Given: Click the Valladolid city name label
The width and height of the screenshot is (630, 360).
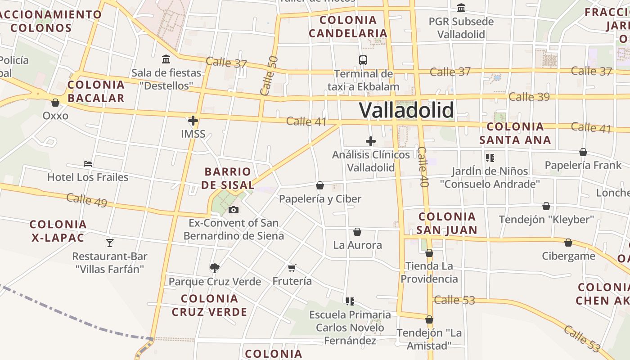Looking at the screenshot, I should pos(406,110).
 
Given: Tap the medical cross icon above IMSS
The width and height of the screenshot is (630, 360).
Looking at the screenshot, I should pos(193,121).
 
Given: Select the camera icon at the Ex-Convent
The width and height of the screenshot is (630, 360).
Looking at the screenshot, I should pos(233,210).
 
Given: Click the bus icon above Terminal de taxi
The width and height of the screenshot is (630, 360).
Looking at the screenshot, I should pos(363,60).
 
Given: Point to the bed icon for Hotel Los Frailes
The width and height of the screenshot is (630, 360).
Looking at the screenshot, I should pos(88,164).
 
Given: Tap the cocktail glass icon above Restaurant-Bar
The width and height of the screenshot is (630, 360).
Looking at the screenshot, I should pos(110,243).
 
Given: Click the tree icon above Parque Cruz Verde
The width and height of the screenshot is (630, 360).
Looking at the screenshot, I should pos(215,268).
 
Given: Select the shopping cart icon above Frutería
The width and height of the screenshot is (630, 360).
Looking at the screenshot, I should pos(292,268).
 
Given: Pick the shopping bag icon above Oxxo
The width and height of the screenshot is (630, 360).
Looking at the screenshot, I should pos(55,103).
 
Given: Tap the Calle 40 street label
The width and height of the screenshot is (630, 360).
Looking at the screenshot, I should pos(423,167).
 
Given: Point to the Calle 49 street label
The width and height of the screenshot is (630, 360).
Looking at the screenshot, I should pos(87,200).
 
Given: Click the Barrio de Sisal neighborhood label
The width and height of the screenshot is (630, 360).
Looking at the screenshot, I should pos(228,178).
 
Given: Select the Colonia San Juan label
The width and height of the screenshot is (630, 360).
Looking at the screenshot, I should pos(446,223).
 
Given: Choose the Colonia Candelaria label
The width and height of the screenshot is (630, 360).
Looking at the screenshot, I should pos(348,27).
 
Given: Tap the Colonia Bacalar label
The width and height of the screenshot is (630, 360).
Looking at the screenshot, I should pos(96,91).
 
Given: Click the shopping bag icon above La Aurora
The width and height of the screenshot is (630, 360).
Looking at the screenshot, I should pos(357,232).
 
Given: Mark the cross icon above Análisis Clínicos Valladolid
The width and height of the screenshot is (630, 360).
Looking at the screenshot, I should pos(371,141).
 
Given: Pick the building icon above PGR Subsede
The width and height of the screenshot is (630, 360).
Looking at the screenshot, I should pos(461,8).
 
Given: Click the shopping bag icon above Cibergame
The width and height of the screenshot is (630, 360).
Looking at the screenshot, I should pos(568,243).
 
